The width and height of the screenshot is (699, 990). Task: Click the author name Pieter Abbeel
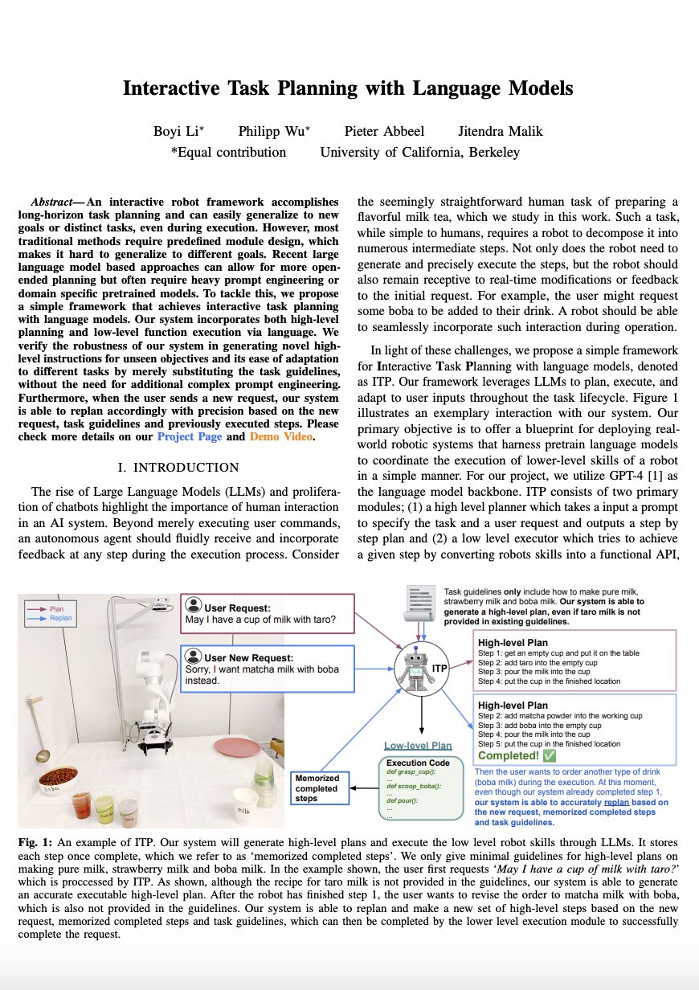click(385, 131)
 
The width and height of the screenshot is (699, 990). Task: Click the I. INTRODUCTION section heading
click(178, 468)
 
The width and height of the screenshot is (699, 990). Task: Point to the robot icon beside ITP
click(416, 669)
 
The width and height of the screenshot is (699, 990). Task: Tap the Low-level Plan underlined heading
click(418, 746)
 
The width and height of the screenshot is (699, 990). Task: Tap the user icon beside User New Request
click(192, 657)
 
